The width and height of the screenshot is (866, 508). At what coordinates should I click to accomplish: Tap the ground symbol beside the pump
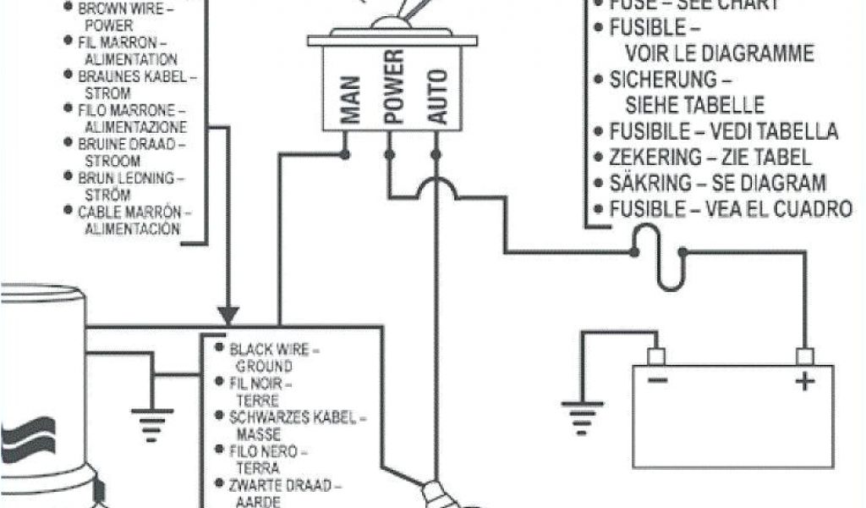[153, 417]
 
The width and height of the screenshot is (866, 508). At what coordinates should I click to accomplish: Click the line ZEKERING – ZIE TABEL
[710, 157]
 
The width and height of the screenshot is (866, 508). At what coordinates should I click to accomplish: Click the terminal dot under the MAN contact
[345, 154]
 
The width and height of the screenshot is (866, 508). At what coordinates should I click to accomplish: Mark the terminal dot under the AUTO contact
[436, 154]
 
